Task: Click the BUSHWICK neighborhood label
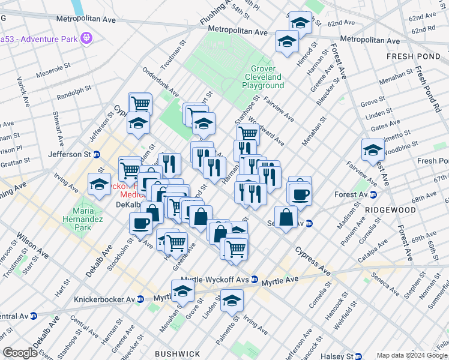[x=173, y=354]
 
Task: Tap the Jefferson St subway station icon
[x=95, y=154]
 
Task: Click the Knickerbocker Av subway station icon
[x=140, y=299]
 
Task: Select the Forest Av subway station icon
[x=373, y=194]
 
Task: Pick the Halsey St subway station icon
[x=358, y=356]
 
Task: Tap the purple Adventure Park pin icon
[x=87, y=38]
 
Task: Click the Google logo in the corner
[x=19, y=353]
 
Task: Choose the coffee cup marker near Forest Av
[x=300, y=194]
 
